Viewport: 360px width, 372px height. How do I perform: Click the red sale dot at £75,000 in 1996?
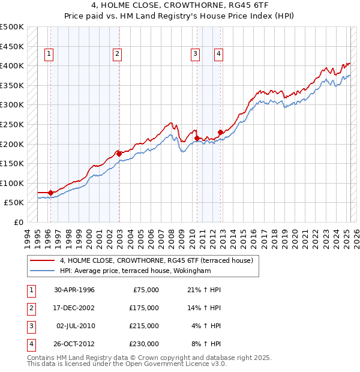51,193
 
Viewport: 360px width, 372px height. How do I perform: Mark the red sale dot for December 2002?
119,154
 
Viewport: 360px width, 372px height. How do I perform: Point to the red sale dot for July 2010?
197,138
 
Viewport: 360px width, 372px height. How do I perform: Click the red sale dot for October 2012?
220,132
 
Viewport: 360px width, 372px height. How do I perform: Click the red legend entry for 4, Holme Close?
156,260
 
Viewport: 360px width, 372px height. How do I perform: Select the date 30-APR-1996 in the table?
74,290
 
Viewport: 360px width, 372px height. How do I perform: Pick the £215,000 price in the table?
143,326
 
